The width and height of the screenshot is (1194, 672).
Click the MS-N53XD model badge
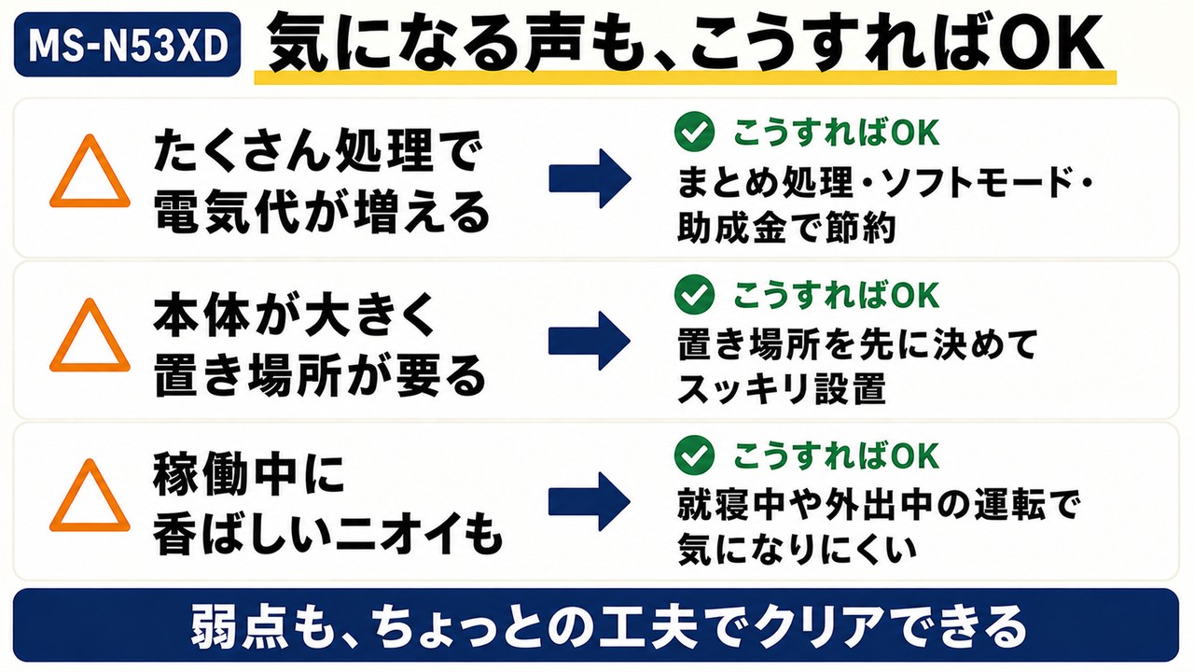(x=127, y=45)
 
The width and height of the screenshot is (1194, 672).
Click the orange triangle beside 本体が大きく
(x=90, y=335)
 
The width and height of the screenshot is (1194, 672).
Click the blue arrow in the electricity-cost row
(x=590, y=178)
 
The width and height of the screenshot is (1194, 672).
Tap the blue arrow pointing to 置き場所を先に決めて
(x=590, y=341)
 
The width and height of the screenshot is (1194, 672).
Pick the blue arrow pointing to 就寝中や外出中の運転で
(x=590, y=501)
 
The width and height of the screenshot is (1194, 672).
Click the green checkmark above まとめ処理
(x=694, y=132)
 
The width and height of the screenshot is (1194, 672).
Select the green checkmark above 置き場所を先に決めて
(x=694, y=294)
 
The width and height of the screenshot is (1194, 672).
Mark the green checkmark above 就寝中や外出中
(x=694, y=455)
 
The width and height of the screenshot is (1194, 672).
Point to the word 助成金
(x=731, y=228)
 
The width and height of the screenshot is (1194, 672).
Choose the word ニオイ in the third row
(x=396, y=534)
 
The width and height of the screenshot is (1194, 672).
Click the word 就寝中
(x=731, y=506)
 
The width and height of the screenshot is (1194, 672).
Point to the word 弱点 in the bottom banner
(x=233, y=626)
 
